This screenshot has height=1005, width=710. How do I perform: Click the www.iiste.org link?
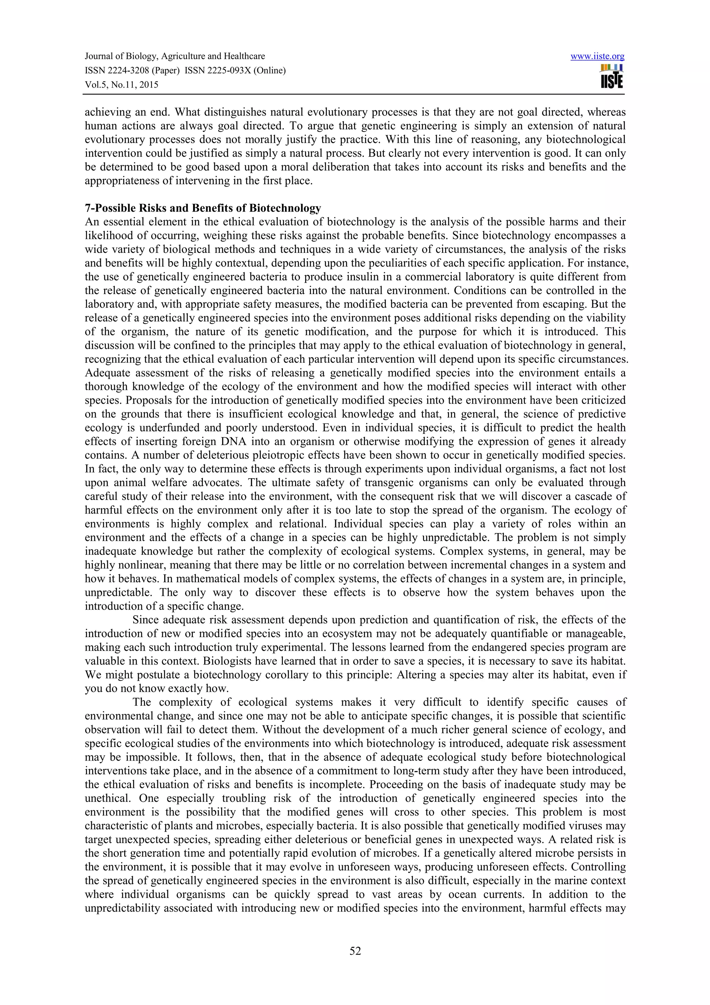pyautogui.click(x=597, y=57)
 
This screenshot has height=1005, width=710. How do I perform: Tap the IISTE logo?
pyautogui.click(x=612, y=77)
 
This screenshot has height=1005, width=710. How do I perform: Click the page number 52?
pyautogui.click(x=355, y=951)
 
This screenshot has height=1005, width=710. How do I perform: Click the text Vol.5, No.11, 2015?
pyautogui.click(x=121, y=85)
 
